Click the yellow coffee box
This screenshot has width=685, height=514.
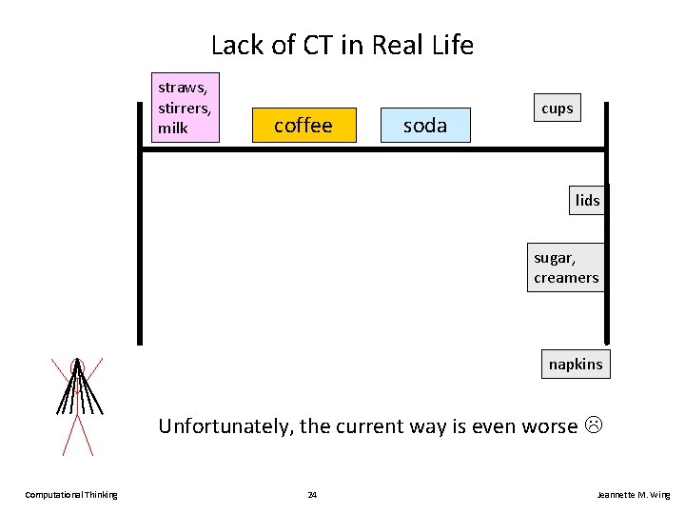(303, 125)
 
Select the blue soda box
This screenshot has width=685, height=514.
(425, 125)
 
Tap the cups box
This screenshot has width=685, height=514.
(557, 109)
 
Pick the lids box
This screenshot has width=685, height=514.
(587, 200)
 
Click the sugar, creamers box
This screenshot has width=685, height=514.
(566, 267)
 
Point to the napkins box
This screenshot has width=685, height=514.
(576, 365)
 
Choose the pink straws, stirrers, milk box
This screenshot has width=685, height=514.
(186, 107)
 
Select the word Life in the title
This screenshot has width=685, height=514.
(451, 45)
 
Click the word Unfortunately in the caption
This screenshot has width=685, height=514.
(225, 425)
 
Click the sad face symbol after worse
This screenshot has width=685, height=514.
(595, 425)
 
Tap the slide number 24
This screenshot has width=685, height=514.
(313, 495)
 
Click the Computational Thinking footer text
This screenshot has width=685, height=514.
(71, 495)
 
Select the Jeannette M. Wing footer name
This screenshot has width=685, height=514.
(633, 495)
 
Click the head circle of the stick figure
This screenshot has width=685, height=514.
(77, 366)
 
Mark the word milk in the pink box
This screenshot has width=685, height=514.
(173, 128)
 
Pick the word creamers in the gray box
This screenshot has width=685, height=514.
(566, 278)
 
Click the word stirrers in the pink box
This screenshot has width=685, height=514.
(184, 108)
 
